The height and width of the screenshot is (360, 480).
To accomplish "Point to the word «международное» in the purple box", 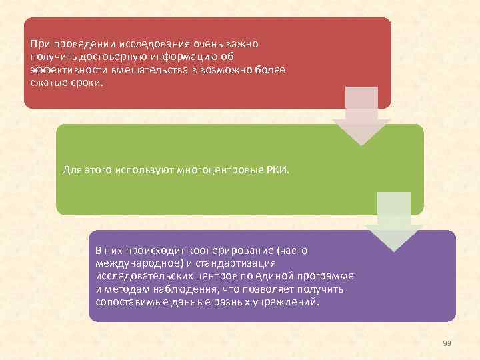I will [133, 263].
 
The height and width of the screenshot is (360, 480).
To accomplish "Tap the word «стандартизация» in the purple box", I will [243, 263].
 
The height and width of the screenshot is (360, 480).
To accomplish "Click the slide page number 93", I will [447, 343].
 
